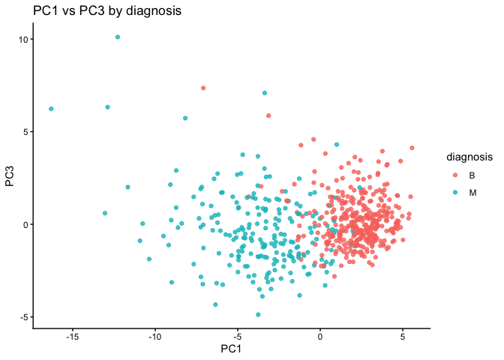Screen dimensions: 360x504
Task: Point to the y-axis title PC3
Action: [x=10, y=178]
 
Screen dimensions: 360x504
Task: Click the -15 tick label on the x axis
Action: [x=73, y=336]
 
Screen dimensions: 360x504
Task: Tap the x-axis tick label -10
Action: [x=155, y=336]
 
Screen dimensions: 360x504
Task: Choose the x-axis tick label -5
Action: [x=237, y=336]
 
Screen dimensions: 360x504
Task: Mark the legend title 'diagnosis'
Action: [x=469, y=157]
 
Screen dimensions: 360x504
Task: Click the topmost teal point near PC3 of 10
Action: [x=118, y=37]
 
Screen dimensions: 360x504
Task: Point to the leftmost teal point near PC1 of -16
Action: [x=51, y=109]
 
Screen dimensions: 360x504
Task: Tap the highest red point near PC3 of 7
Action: [x=203, y=88]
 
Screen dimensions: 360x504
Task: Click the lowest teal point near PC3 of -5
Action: [x=258, y=314]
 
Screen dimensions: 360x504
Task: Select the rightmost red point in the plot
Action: [x=412, y=148]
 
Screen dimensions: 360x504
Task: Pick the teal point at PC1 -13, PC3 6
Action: [x=108, y=107]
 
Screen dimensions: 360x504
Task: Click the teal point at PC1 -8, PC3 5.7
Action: [x=185, y=118]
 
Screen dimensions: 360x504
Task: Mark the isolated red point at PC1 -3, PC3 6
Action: [x=268, y=115]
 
